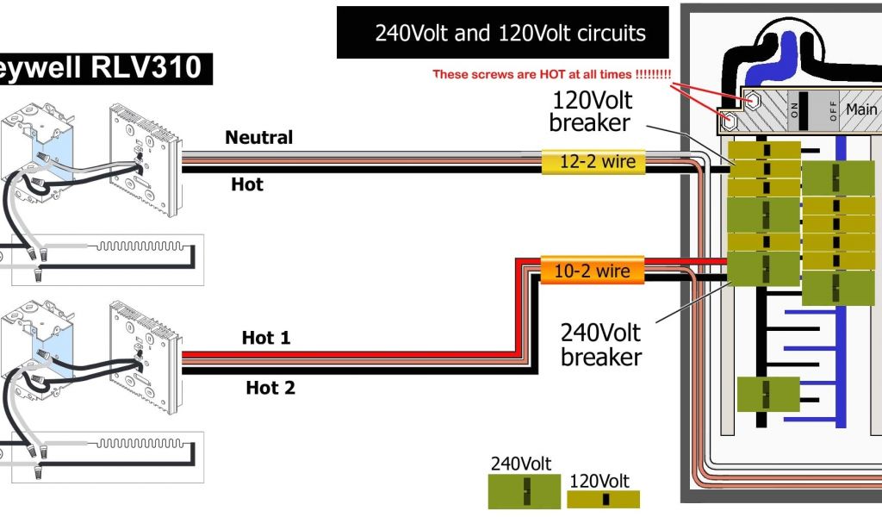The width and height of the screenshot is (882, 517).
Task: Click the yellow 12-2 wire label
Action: [x=593, y=161]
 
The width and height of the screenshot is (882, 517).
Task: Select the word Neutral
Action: [x=258, y=137]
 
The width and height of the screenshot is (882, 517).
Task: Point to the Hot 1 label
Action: [x=266, y=339]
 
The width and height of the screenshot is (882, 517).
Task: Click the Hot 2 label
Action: [x=270, y=388]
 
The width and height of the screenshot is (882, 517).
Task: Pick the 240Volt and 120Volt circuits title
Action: [x=510, y=34]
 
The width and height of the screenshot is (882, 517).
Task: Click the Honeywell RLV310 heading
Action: [x=103, y=68]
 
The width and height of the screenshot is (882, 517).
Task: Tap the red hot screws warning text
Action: [x=551, y=74]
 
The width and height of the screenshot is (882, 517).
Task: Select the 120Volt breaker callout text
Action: [x=589, y=111]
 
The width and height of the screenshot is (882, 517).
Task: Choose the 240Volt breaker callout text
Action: [x=600, y=343]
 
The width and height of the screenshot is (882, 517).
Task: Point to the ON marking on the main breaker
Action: [x=793, y=109]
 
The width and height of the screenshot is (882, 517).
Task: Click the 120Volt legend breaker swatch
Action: [x=603, y=499]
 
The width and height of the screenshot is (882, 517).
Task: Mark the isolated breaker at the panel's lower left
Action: [x=767, y=394]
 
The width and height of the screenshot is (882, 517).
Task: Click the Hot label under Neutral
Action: [x=246, y=184]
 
